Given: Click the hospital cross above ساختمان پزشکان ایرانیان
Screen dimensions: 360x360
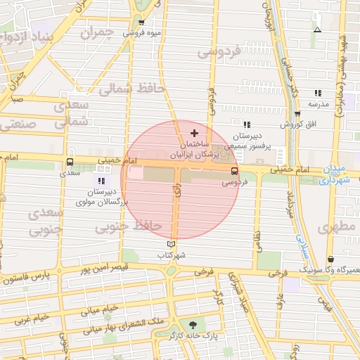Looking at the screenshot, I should tap(195, 132).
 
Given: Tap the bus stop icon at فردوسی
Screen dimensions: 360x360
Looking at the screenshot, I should tap(234, 171).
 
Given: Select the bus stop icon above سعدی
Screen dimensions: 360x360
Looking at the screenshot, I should tap(70, 161).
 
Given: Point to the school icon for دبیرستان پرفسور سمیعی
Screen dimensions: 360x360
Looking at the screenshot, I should tap(246, 124).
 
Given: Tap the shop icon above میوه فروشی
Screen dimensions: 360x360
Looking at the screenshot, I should tap(141, 22).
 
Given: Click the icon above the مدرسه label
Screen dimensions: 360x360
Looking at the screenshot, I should tap(318, 93).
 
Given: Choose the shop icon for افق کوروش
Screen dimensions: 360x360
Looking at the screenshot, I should tap(297, 114).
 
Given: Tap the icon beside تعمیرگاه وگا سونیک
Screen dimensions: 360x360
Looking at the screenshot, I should tap(330, 259).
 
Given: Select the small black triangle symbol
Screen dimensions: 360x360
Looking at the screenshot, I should tap(318, 30).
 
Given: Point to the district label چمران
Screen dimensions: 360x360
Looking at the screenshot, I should tap(96, 33).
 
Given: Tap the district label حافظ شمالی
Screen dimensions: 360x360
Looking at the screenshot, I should tap(131, 89).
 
